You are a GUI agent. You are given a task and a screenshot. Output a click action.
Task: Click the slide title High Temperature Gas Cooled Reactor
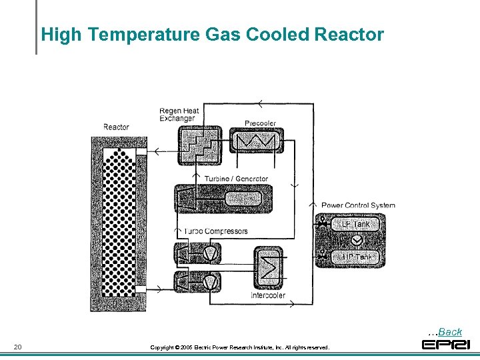212,35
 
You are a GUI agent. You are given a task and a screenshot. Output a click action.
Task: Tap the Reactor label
116,127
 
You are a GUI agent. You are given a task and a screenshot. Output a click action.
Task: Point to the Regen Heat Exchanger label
179,115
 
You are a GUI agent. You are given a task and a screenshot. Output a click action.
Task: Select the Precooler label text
260,123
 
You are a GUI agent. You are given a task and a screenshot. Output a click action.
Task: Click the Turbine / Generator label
236,179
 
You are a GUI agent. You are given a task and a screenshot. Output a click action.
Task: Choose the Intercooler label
268,295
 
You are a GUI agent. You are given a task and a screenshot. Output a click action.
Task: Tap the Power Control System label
358,205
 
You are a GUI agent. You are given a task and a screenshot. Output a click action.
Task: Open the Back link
450,331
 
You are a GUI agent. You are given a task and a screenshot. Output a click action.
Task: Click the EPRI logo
445,345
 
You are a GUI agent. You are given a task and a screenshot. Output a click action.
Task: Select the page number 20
18,347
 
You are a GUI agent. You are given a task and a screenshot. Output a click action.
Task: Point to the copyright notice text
239,347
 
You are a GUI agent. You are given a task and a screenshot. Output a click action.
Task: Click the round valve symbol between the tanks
357,241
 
